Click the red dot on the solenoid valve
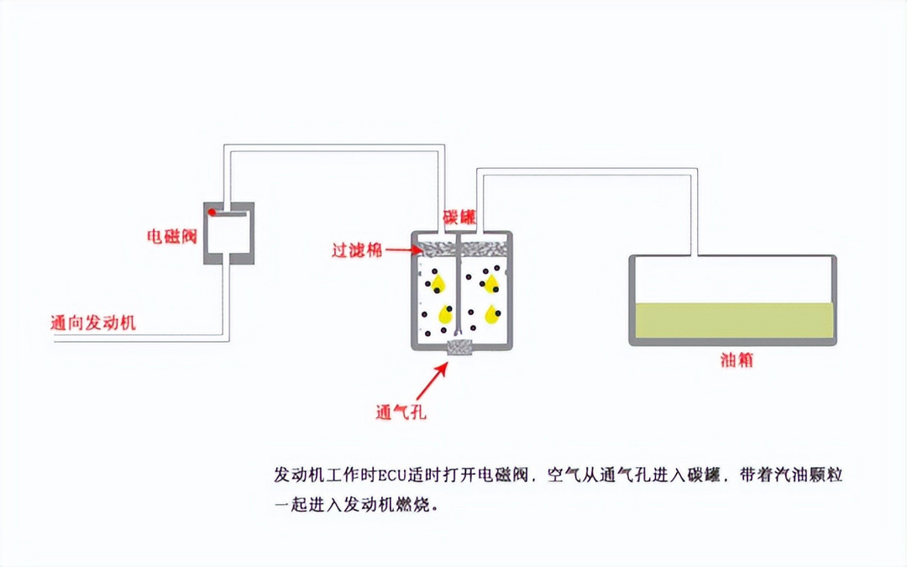coord(212,211)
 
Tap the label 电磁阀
coord(171,236)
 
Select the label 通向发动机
coord(93,322)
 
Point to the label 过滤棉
coord(355,249)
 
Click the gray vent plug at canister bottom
coord(460,347)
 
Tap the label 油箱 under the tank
coord(736,360)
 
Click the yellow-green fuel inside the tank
coord(733,320)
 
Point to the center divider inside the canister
coord(460,286)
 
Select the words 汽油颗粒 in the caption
coord(807,475)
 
